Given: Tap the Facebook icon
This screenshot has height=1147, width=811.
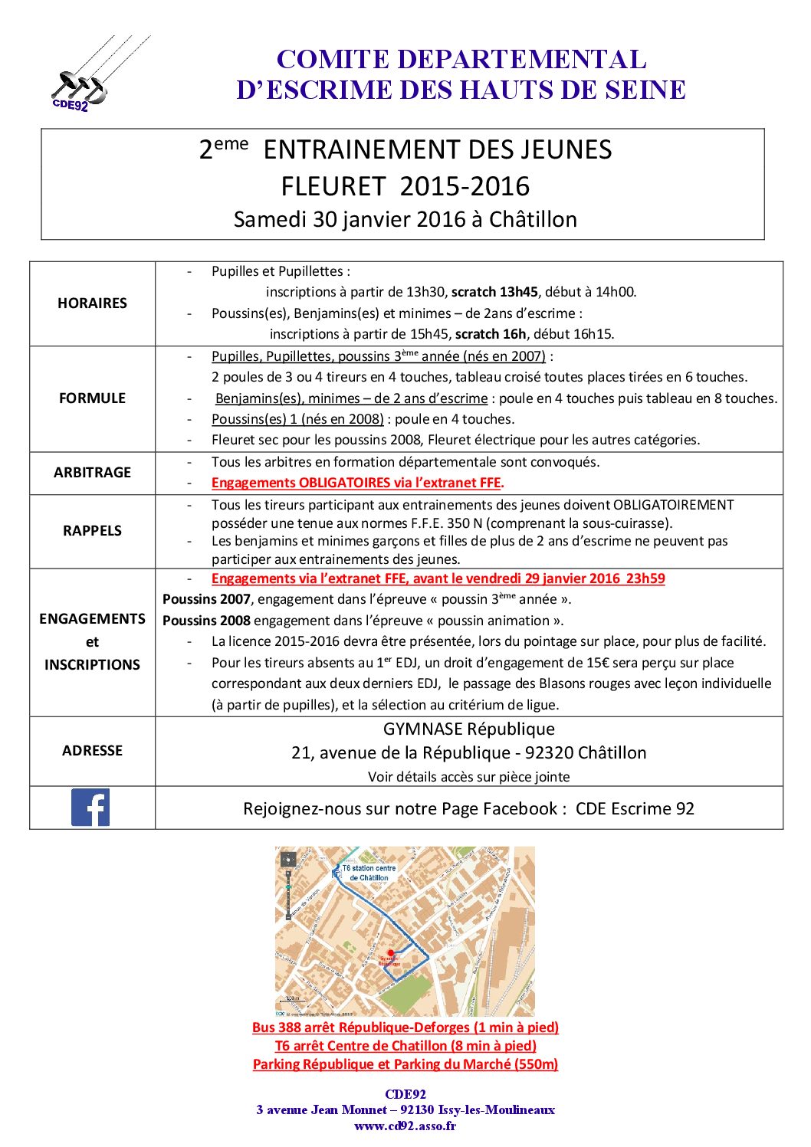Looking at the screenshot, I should click(90, 807).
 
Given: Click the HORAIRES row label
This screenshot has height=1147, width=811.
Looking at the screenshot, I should click(92, 303).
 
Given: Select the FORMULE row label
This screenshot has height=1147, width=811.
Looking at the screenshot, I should click(92, 398).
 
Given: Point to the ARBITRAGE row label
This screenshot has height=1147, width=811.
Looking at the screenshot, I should click(92, 473).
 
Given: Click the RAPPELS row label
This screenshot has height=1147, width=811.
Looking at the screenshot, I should click(92, 531).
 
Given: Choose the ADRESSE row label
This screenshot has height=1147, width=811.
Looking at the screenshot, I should click(92, 751).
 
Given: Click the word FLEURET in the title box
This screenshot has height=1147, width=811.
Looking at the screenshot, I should click(333, 186).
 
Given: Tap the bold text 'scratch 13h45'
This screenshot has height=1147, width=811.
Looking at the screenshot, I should click(494, 292).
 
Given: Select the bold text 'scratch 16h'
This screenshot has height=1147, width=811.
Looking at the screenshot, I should click(490, 334).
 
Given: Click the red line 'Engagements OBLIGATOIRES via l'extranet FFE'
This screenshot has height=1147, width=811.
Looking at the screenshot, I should click(357, 483).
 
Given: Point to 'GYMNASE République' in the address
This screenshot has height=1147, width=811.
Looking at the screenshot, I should click(468, 729).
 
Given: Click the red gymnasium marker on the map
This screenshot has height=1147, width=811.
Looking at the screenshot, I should click(391, 953).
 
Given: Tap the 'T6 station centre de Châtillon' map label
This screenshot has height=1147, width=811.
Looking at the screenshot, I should click(369, 873).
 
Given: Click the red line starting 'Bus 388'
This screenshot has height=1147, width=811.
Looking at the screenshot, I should click(405, 1027).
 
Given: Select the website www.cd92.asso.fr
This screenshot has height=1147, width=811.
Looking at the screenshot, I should click(405, 1126).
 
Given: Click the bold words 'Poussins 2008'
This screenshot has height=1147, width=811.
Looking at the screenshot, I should click(206, 621).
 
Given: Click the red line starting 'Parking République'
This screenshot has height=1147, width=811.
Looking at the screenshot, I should click(405, 1064).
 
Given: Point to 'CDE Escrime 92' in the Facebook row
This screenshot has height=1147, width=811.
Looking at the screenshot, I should click(635, 809).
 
